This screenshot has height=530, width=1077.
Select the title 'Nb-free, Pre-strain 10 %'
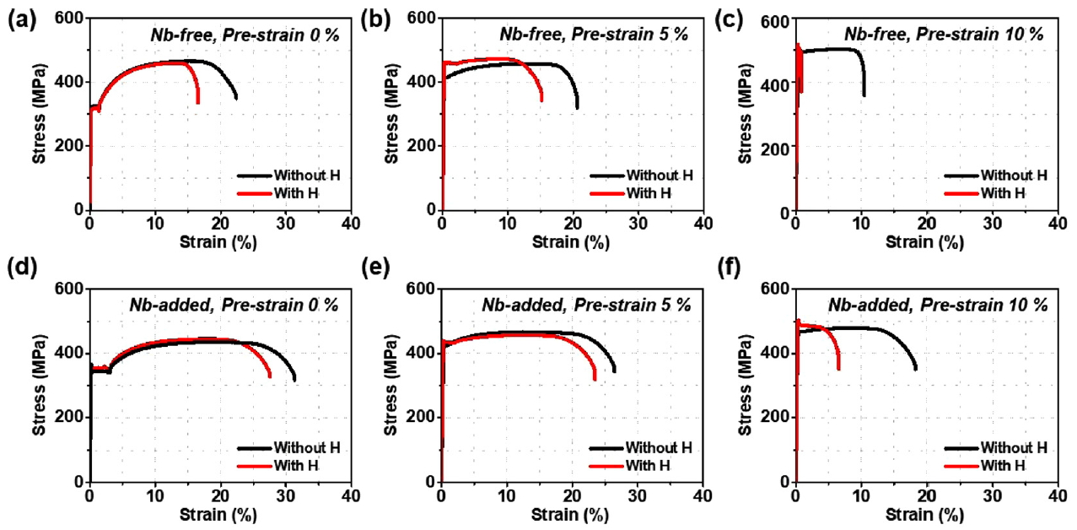944,35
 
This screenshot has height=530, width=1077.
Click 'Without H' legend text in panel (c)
1014,176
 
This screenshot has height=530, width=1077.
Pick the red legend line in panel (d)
254,465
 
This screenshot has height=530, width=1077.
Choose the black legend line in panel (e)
607,447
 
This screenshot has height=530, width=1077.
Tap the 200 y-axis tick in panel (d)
72,417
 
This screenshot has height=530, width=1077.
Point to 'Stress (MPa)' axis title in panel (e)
392,386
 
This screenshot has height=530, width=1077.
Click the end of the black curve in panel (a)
236,98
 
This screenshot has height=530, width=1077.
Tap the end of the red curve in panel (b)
541,100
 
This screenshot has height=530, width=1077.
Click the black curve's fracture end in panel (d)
294,380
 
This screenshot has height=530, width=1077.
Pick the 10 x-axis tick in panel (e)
507,496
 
